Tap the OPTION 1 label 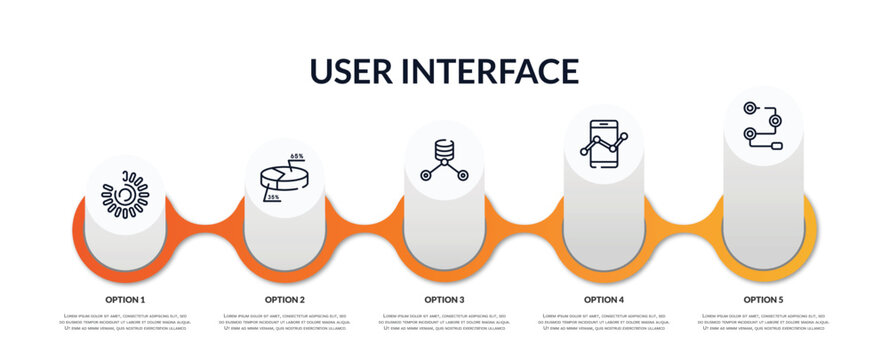tap(125, 299)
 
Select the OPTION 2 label tap(285, 299)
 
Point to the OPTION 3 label tap(444, 299)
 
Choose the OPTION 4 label tap(604, 299)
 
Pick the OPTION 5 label tap(763, 299)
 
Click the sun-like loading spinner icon tap(125, 194)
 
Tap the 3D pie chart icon tap(283, 178)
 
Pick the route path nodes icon tap(762, 124)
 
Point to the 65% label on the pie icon tap(297, 157)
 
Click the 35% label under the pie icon tap(273, 198)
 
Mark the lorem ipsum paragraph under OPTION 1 tap(125, 322)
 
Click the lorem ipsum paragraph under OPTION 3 tap(444, 322)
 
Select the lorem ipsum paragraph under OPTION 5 tap(763, 322)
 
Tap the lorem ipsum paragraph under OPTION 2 tap(285, 322)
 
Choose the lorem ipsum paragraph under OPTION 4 tap(604, 322)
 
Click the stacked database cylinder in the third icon tap(444, 150)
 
